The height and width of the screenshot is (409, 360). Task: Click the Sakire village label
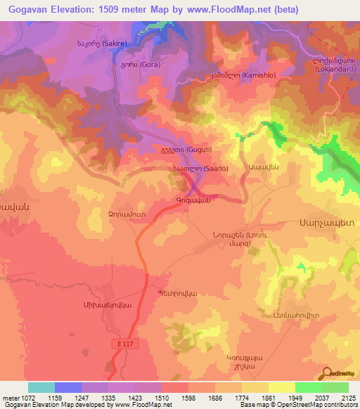coord(101,43)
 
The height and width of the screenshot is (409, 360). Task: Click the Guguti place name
coord(186,150)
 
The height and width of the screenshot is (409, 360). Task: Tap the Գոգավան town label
coord(190,200)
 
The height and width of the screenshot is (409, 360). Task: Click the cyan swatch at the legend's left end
coord(41,387)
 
